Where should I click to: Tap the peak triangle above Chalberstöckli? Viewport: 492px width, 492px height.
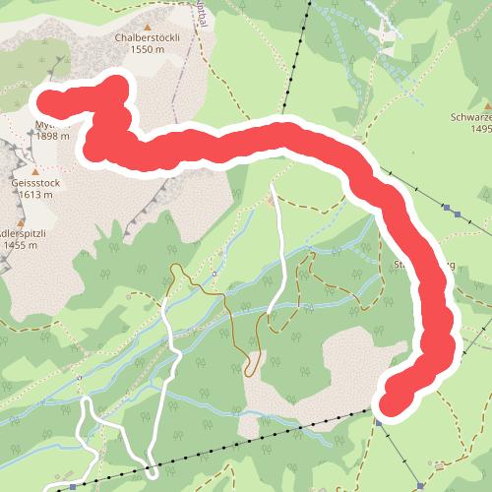click(x=148, y=27)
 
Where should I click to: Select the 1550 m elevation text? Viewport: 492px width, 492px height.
click(x=147, y=49)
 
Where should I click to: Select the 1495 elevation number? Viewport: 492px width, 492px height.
click(x=480, y=129)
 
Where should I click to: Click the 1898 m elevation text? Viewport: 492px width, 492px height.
click(x=52, y=137)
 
